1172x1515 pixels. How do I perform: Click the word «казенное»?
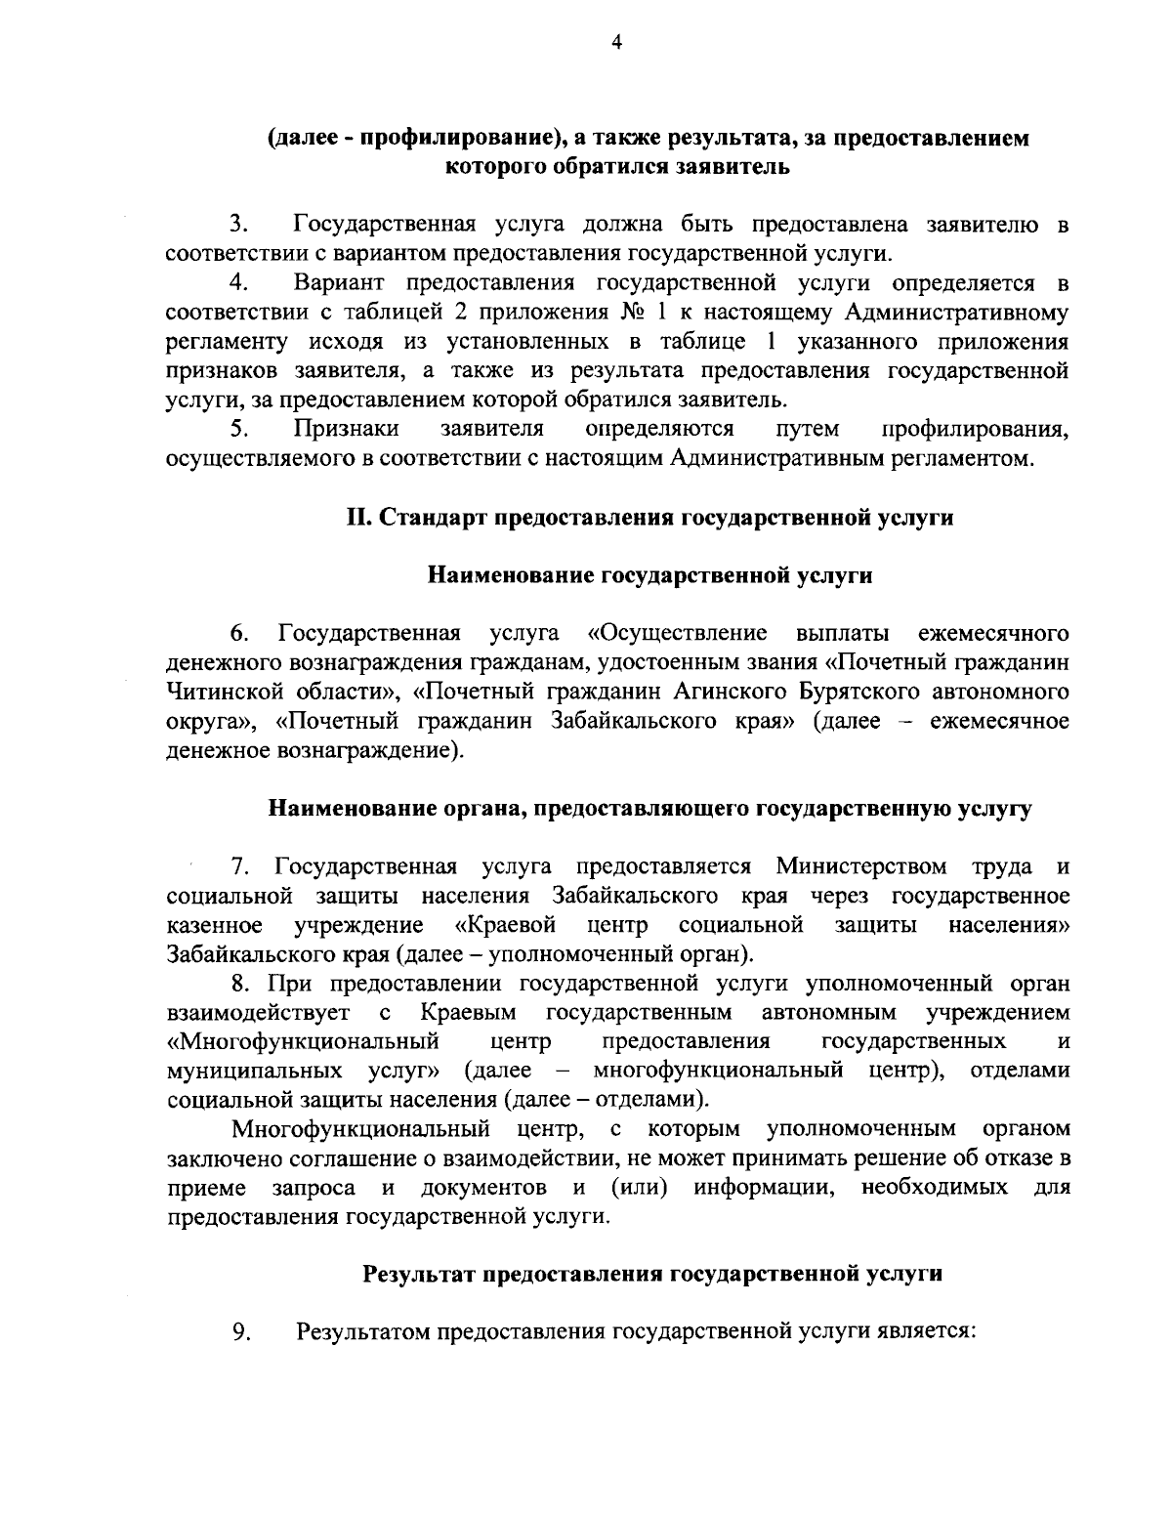tap(214, 924)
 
